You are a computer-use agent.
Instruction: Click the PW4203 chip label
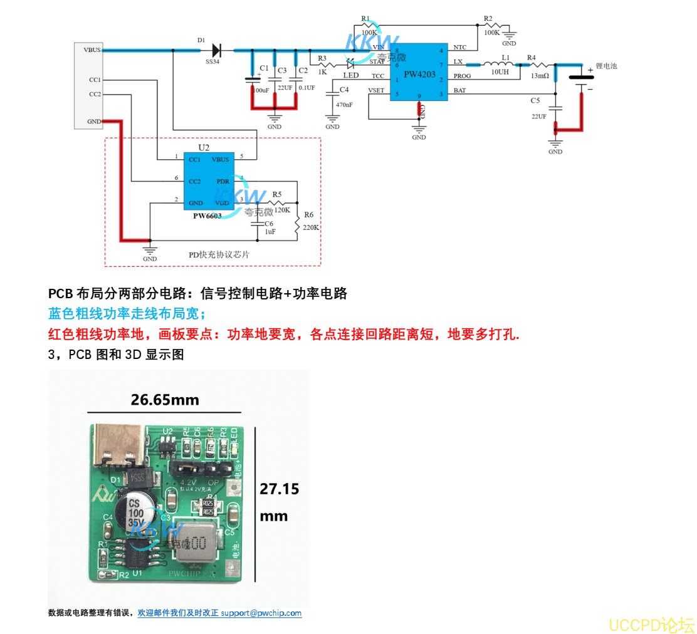pyautogui.click(x=419, y=74)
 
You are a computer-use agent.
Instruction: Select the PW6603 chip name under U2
pyautogui.click(x=207, y=216)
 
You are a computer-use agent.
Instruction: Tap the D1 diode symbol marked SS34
pyautogui.click(x=217, y=50)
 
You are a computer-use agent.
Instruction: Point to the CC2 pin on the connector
pyautogui.click(x=95, y=94)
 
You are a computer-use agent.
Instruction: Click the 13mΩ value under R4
pyautogui.click(x=540, y=76)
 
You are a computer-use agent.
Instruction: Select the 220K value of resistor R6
pyautogui.click(x=312, y=227)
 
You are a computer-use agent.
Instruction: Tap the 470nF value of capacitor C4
pyautogui.click(x=345, y=105)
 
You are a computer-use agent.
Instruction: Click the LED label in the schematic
pyautogui.click(x=351, y=76)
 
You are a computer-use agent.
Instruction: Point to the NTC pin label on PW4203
pyautogui.click(x=459, y=48)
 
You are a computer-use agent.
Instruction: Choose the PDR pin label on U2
pyautogui.click(x=223, y=182)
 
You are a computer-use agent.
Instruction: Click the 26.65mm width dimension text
pyautogui.click(x=165, y=400)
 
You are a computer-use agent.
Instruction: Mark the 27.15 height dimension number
pyautogui.click(x=280, y=489)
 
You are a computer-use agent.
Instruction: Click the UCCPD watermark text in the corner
pyautogui.click(x=651, y=625)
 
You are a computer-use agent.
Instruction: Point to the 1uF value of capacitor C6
pyautogui.click(x=270, y=232)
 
